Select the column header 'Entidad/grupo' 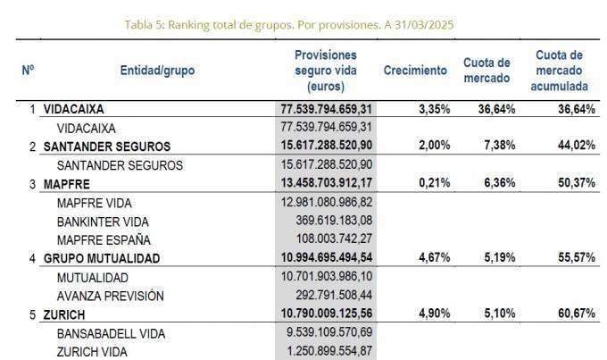point(157,70)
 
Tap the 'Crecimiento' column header point(415,70)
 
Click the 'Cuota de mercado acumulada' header point(559,71)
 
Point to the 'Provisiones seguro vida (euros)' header point(325,71)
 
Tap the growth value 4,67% point(433,257)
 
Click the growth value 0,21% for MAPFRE point(433,184)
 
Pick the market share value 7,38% point(496,146)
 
